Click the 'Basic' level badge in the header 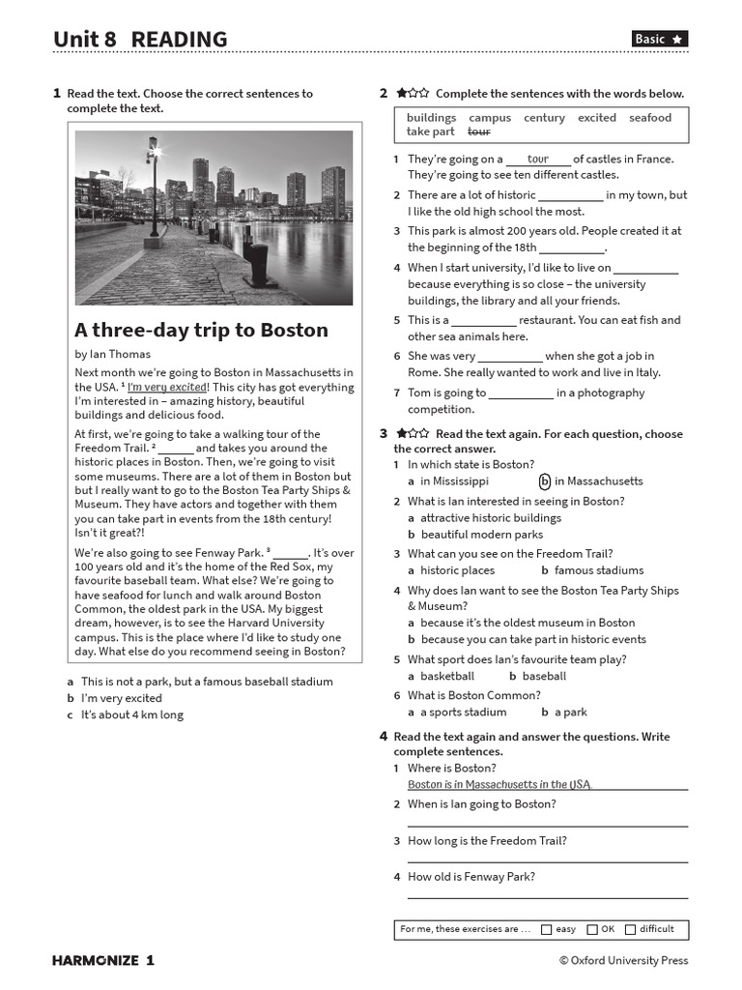tap(660, 39)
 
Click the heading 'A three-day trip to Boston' tap(201, 330)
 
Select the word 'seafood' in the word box tap(649, 118)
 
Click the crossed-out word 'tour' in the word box tap(478, 131)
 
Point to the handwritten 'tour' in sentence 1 tap(538, 159)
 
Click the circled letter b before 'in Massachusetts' tap(545, 481)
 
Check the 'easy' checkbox tap(547, 929)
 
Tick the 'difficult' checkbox tap(631, 929)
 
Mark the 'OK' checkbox tap(592, 929)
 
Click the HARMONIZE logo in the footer tap(102, 960)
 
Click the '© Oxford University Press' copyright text tap(623, 960)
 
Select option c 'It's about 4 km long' tap(131, 715)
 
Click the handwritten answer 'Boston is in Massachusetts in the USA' tap(499, 785)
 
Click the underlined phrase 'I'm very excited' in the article tap(167, 388)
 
